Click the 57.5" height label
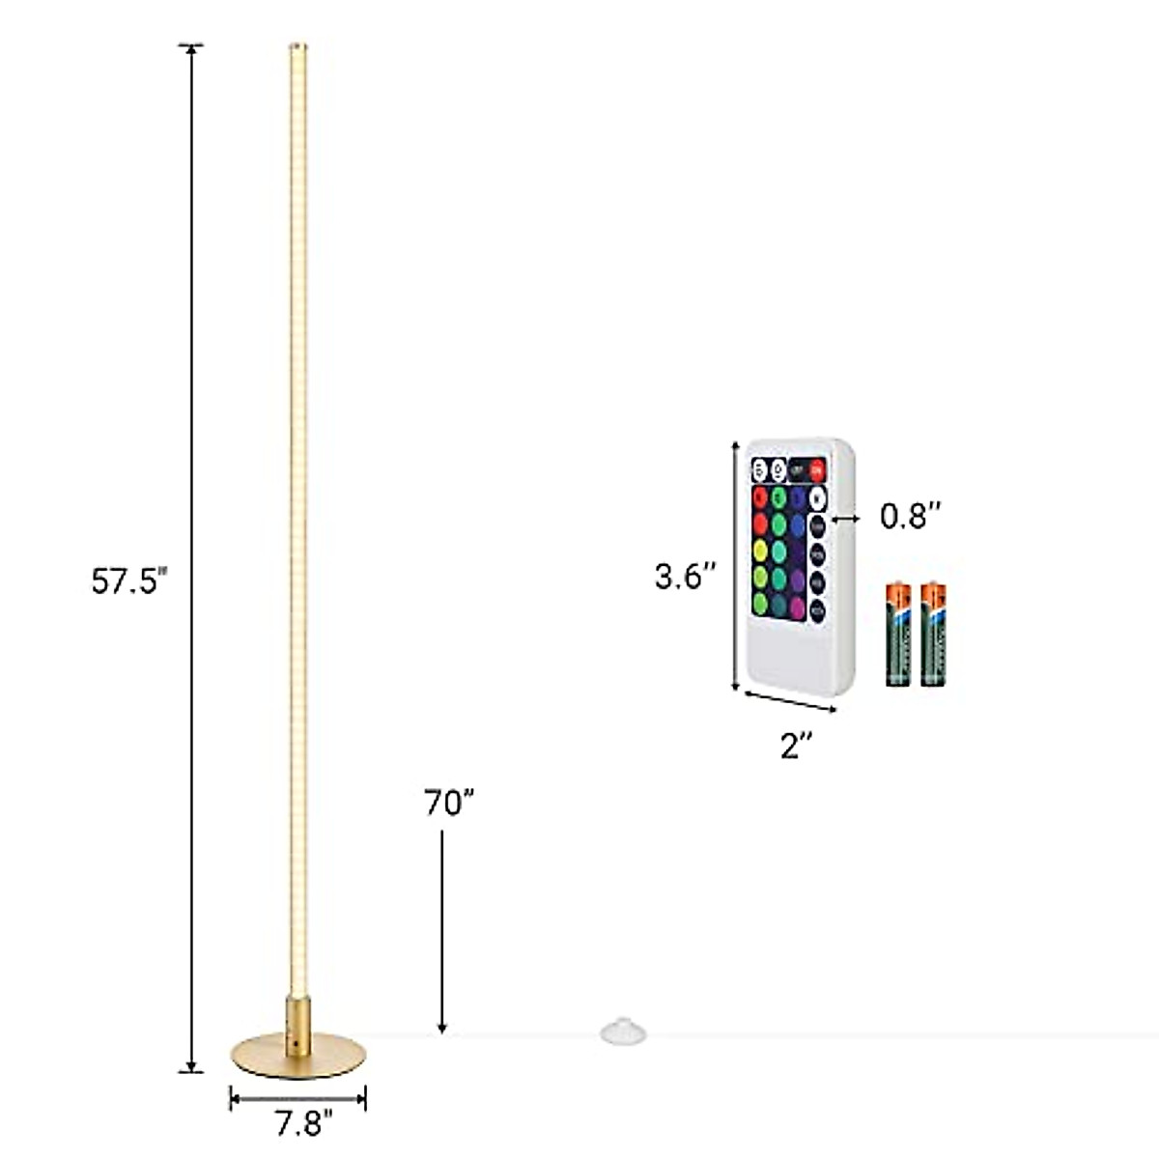click(x=129, y=582)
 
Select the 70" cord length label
click(x=449, y=803)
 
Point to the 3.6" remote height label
click(x=685, y=577)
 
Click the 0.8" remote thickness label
click(x=909, y=517)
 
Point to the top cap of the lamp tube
click(x=297, y=45)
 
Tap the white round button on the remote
click(x=817, y=499)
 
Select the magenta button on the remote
click(x=797, y=608)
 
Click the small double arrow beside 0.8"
click(x=846, y=519)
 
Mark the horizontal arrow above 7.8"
click(x=297, y=1097)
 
